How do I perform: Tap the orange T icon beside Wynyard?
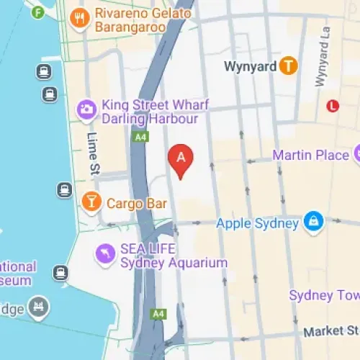[x=289, y=66]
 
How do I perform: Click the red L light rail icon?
[x=332, y=106]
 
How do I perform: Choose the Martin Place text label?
[x=310, y=155]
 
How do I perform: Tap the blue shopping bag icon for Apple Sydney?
[x=313, y=222]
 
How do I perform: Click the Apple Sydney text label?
[x=257, y=223]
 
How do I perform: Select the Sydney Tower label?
[x=324, y=295]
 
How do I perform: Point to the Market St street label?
[x=330, y=331]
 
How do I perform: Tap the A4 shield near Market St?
[x=158, y=315]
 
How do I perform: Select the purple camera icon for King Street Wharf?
[x=86, y=110]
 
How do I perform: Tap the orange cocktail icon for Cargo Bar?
[x=91, y=202]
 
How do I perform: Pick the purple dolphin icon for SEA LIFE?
[x=106, y=253]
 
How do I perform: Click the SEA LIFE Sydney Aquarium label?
[x=173, y=255]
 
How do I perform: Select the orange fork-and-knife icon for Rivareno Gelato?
[x=80, y=18]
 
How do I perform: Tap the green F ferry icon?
[x=38, y=12]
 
